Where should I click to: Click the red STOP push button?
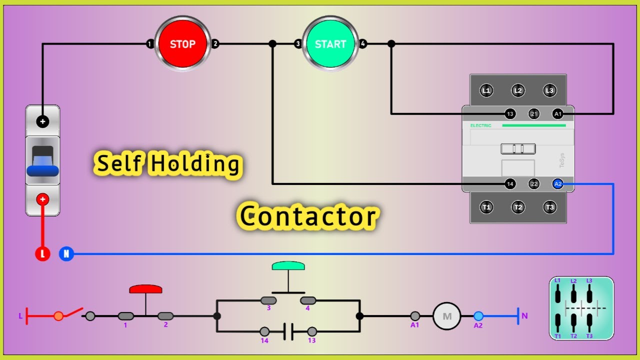coord(182,44)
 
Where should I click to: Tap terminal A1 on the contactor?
coord(558,114)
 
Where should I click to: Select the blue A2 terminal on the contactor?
coord(558,184)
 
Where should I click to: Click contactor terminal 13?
coord(510,114)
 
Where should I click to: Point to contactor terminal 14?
coord(510,184)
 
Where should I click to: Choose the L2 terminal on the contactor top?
coord(518,90)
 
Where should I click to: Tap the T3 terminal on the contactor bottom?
coord(550,207)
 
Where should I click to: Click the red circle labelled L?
coord(42,254)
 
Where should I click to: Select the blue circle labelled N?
coord(66,254)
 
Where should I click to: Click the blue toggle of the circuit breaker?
coord(42,170)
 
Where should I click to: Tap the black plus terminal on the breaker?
coord(42,121)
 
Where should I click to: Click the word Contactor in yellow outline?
coord(307,216)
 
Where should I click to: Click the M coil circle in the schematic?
coord(446,316)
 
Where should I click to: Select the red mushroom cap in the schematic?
coord(145,289)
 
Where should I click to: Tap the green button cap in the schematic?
coord(288,265)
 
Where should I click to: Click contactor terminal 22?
coord(534,184)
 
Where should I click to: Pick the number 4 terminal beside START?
coord(363,44)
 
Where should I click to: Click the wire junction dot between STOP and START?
coord(272,44)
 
